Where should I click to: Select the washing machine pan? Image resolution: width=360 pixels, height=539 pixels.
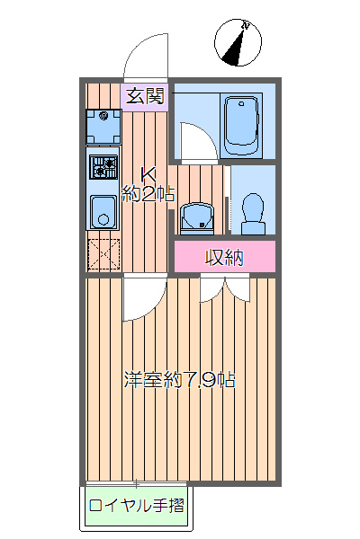click(x=103, y=127)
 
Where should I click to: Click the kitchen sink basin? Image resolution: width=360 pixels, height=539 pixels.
click(x=103, y=214)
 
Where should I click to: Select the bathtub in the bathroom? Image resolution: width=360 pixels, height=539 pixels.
click(x=241, y=126)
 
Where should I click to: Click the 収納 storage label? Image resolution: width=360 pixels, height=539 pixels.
click(x=224, y=258)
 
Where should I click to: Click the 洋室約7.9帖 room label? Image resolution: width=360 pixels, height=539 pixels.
click(x=179, y=380)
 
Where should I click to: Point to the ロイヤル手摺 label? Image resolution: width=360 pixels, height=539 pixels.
click(x=136, y=505)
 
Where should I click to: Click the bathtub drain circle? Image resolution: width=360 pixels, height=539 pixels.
click(x=241, y=105)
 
